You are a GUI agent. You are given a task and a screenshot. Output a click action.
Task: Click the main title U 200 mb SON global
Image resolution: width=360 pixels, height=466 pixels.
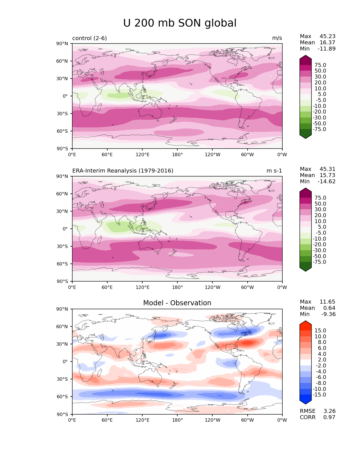point(180,23)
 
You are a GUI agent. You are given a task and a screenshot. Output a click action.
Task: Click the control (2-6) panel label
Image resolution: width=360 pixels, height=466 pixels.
point(90,38)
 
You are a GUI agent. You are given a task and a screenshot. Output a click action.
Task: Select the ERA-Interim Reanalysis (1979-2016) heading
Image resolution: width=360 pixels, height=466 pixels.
point(123,171)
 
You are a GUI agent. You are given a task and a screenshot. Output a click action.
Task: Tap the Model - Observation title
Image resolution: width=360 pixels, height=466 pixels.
point(177,303)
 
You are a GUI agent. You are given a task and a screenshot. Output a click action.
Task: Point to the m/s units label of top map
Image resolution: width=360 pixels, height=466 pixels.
point(277,38)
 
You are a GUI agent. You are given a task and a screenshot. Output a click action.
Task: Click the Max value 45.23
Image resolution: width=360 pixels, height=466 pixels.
point(328,36)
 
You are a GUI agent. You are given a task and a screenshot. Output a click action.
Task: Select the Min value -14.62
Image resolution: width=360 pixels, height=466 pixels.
point(327,182)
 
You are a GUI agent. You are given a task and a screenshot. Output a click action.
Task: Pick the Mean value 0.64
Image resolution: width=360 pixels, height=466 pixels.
point(329,308)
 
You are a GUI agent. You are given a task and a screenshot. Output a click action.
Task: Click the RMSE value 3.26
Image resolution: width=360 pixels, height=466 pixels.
point(330,411)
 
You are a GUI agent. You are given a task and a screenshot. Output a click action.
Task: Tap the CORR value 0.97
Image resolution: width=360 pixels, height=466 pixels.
point(330,417)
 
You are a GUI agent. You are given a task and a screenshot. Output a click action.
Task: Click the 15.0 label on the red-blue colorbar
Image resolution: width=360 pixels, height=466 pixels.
point(320,331)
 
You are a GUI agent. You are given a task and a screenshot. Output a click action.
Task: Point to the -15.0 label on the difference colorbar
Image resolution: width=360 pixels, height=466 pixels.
point(319,395)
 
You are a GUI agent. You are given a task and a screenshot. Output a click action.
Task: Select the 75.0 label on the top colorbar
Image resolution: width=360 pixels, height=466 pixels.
point(320,65)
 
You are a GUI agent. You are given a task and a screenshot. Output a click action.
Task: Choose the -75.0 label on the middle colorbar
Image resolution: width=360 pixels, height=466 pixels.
point(319,262)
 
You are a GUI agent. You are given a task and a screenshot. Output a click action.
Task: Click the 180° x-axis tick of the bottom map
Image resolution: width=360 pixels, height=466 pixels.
point(177,420)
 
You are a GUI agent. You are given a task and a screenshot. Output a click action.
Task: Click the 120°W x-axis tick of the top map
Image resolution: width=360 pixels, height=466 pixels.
point(213,155)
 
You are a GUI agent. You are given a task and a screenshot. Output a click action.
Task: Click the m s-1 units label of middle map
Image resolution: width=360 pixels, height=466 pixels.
point(274,171)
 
